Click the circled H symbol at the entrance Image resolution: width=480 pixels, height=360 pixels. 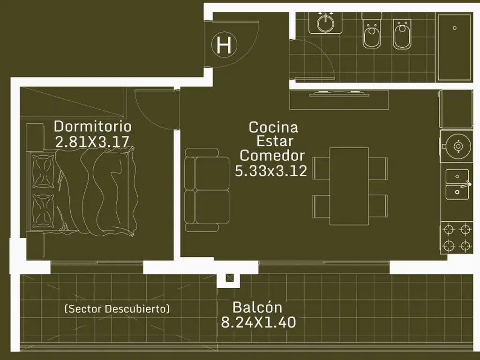tap(224, 45)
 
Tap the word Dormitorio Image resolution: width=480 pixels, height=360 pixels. tap(93, 127)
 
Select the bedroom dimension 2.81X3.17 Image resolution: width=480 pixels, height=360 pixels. tap(92, 142)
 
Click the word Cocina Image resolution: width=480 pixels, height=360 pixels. tap(273, 127)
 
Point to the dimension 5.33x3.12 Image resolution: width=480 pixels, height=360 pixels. tap(271, 171)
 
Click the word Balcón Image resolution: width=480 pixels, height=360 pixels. tap(257, 307)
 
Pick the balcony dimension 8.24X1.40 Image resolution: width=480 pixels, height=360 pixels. tap(258, 322)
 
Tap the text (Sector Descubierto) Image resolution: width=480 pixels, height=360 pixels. tap(117, 308)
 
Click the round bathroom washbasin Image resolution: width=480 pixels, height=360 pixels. tap(325, 23)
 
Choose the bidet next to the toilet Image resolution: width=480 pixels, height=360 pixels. tap(402, 34)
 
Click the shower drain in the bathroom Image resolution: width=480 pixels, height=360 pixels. tap(455, 28)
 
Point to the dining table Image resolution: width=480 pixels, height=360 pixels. tap(349, 186)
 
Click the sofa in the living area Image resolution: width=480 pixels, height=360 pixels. tap(207, 190)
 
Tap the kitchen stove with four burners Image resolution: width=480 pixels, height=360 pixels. tap(457, 238)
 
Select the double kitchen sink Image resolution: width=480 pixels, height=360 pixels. tap(457, 184)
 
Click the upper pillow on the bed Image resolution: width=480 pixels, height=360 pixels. tap(44, 172)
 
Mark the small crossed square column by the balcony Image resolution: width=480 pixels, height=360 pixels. tap(230, 278)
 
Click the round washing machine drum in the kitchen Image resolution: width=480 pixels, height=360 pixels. tap(458, 146)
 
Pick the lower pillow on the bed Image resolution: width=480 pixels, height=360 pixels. tap(44, 211)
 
